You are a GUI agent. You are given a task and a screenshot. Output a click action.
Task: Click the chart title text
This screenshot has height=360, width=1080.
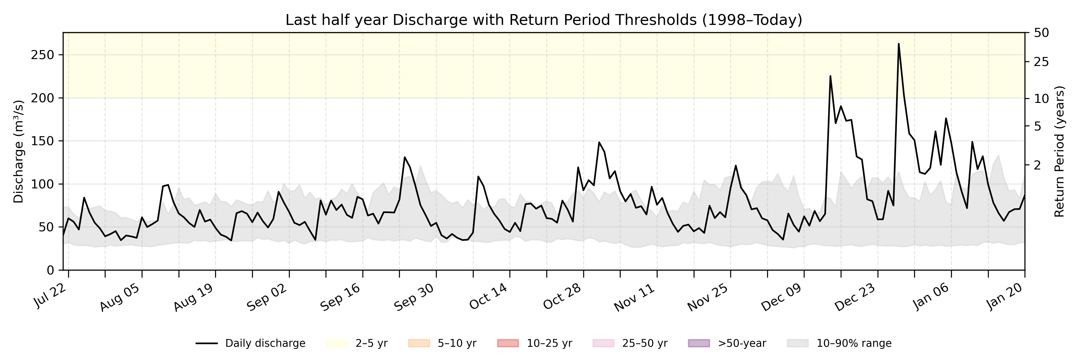(x=544, y=20)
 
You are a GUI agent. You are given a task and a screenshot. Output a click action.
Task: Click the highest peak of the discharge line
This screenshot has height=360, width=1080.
(x=898, y=43)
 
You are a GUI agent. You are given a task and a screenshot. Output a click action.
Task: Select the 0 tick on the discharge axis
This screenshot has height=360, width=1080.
(x=50, y=270)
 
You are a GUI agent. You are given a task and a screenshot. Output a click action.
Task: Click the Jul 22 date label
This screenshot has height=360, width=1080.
(x=51, y=295)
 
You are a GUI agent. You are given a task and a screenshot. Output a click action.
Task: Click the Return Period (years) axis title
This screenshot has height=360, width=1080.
(x=1060, y=152)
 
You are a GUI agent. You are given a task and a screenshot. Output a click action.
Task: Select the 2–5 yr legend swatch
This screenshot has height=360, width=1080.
(x=337, y=343)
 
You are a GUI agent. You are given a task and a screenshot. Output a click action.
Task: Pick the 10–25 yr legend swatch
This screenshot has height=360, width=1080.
(x=508, y=343)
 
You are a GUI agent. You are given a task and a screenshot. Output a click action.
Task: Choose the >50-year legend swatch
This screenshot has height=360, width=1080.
(x=699, y=343)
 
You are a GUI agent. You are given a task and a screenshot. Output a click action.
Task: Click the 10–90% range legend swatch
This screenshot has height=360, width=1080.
(x=798, y=343)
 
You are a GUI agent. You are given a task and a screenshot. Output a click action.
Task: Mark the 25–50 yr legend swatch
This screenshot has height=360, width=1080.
(x=603, y=343)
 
